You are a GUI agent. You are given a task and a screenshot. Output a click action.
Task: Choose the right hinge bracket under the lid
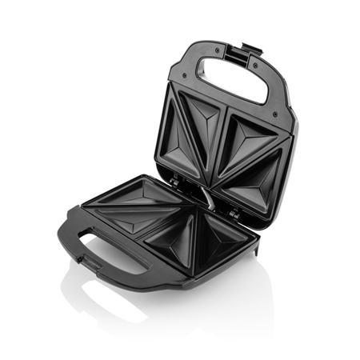point(233,213)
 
